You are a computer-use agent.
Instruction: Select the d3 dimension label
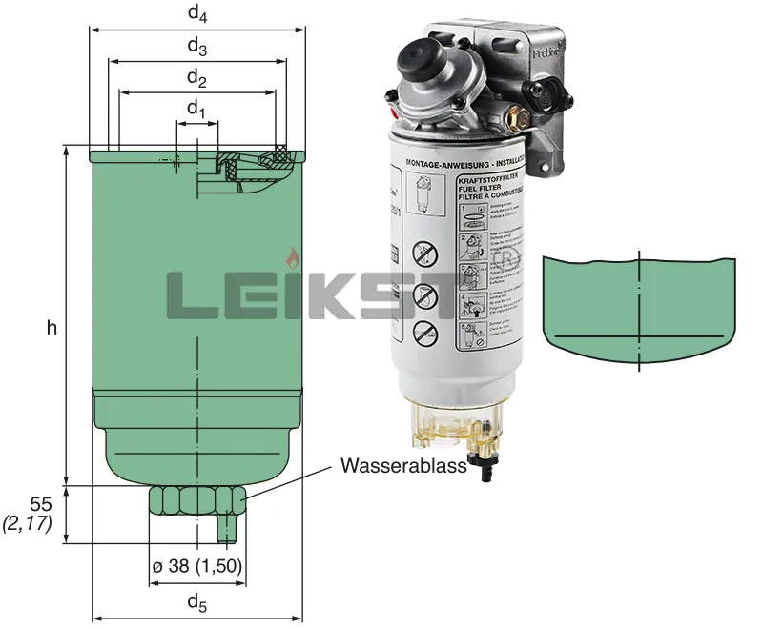[x=196, y=46]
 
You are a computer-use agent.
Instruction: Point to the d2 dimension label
[x=196, y=77]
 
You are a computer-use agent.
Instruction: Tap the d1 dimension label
[x=196, y=110]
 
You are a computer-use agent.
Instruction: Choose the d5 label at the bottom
[x=196, y=601]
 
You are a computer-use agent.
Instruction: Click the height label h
[x=52, y=328]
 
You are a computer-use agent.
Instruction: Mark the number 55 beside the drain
[x=41, y=502]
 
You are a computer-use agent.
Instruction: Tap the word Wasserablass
[x=402, y=466]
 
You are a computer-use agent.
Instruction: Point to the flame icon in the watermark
[x=291, y=258]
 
